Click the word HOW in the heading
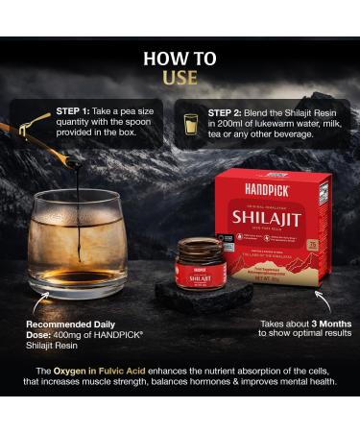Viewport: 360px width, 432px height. point(180,56)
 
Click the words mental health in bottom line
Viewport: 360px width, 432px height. point(306,381)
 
